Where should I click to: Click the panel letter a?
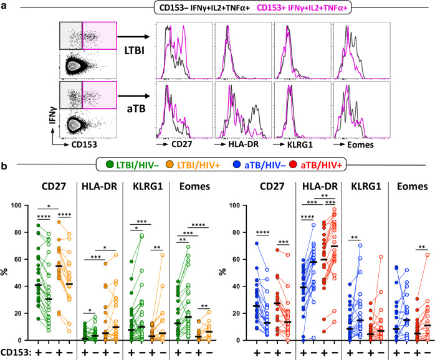click(5, 7)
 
